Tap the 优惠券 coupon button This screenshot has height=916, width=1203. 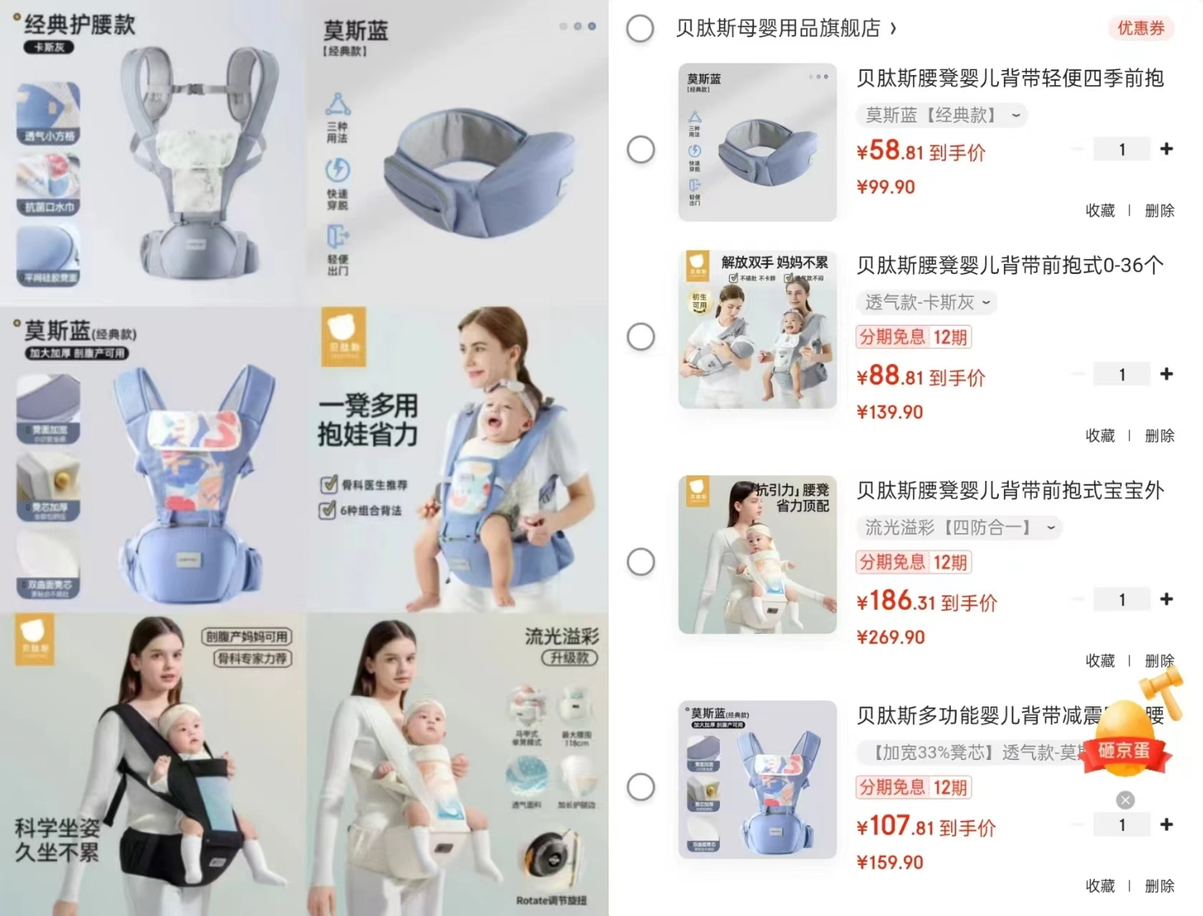[1141, 29]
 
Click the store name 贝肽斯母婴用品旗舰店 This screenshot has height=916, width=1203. [778, 29]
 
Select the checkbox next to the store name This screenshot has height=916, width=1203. [640, 29]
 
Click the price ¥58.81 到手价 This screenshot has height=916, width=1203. [921, 151]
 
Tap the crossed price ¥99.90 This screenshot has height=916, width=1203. [886, 187]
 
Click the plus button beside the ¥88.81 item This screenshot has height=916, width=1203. [1166, 374]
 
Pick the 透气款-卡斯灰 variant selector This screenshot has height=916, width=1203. [927, 303]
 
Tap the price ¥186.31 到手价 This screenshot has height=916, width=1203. [927, 602]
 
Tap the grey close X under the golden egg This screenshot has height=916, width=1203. [1126, 800]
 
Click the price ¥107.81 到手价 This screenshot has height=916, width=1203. [926, 827]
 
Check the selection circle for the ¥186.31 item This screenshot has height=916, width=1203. [641, 562]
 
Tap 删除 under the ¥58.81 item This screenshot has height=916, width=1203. [1159, 210]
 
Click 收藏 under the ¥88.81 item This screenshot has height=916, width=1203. [1100, 436]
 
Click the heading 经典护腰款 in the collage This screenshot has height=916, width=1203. [79, 25]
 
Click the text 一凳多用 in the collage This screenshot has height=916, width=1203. [368, 406]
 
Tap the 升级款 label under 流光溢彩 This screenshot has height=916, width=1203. [569, 658]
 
